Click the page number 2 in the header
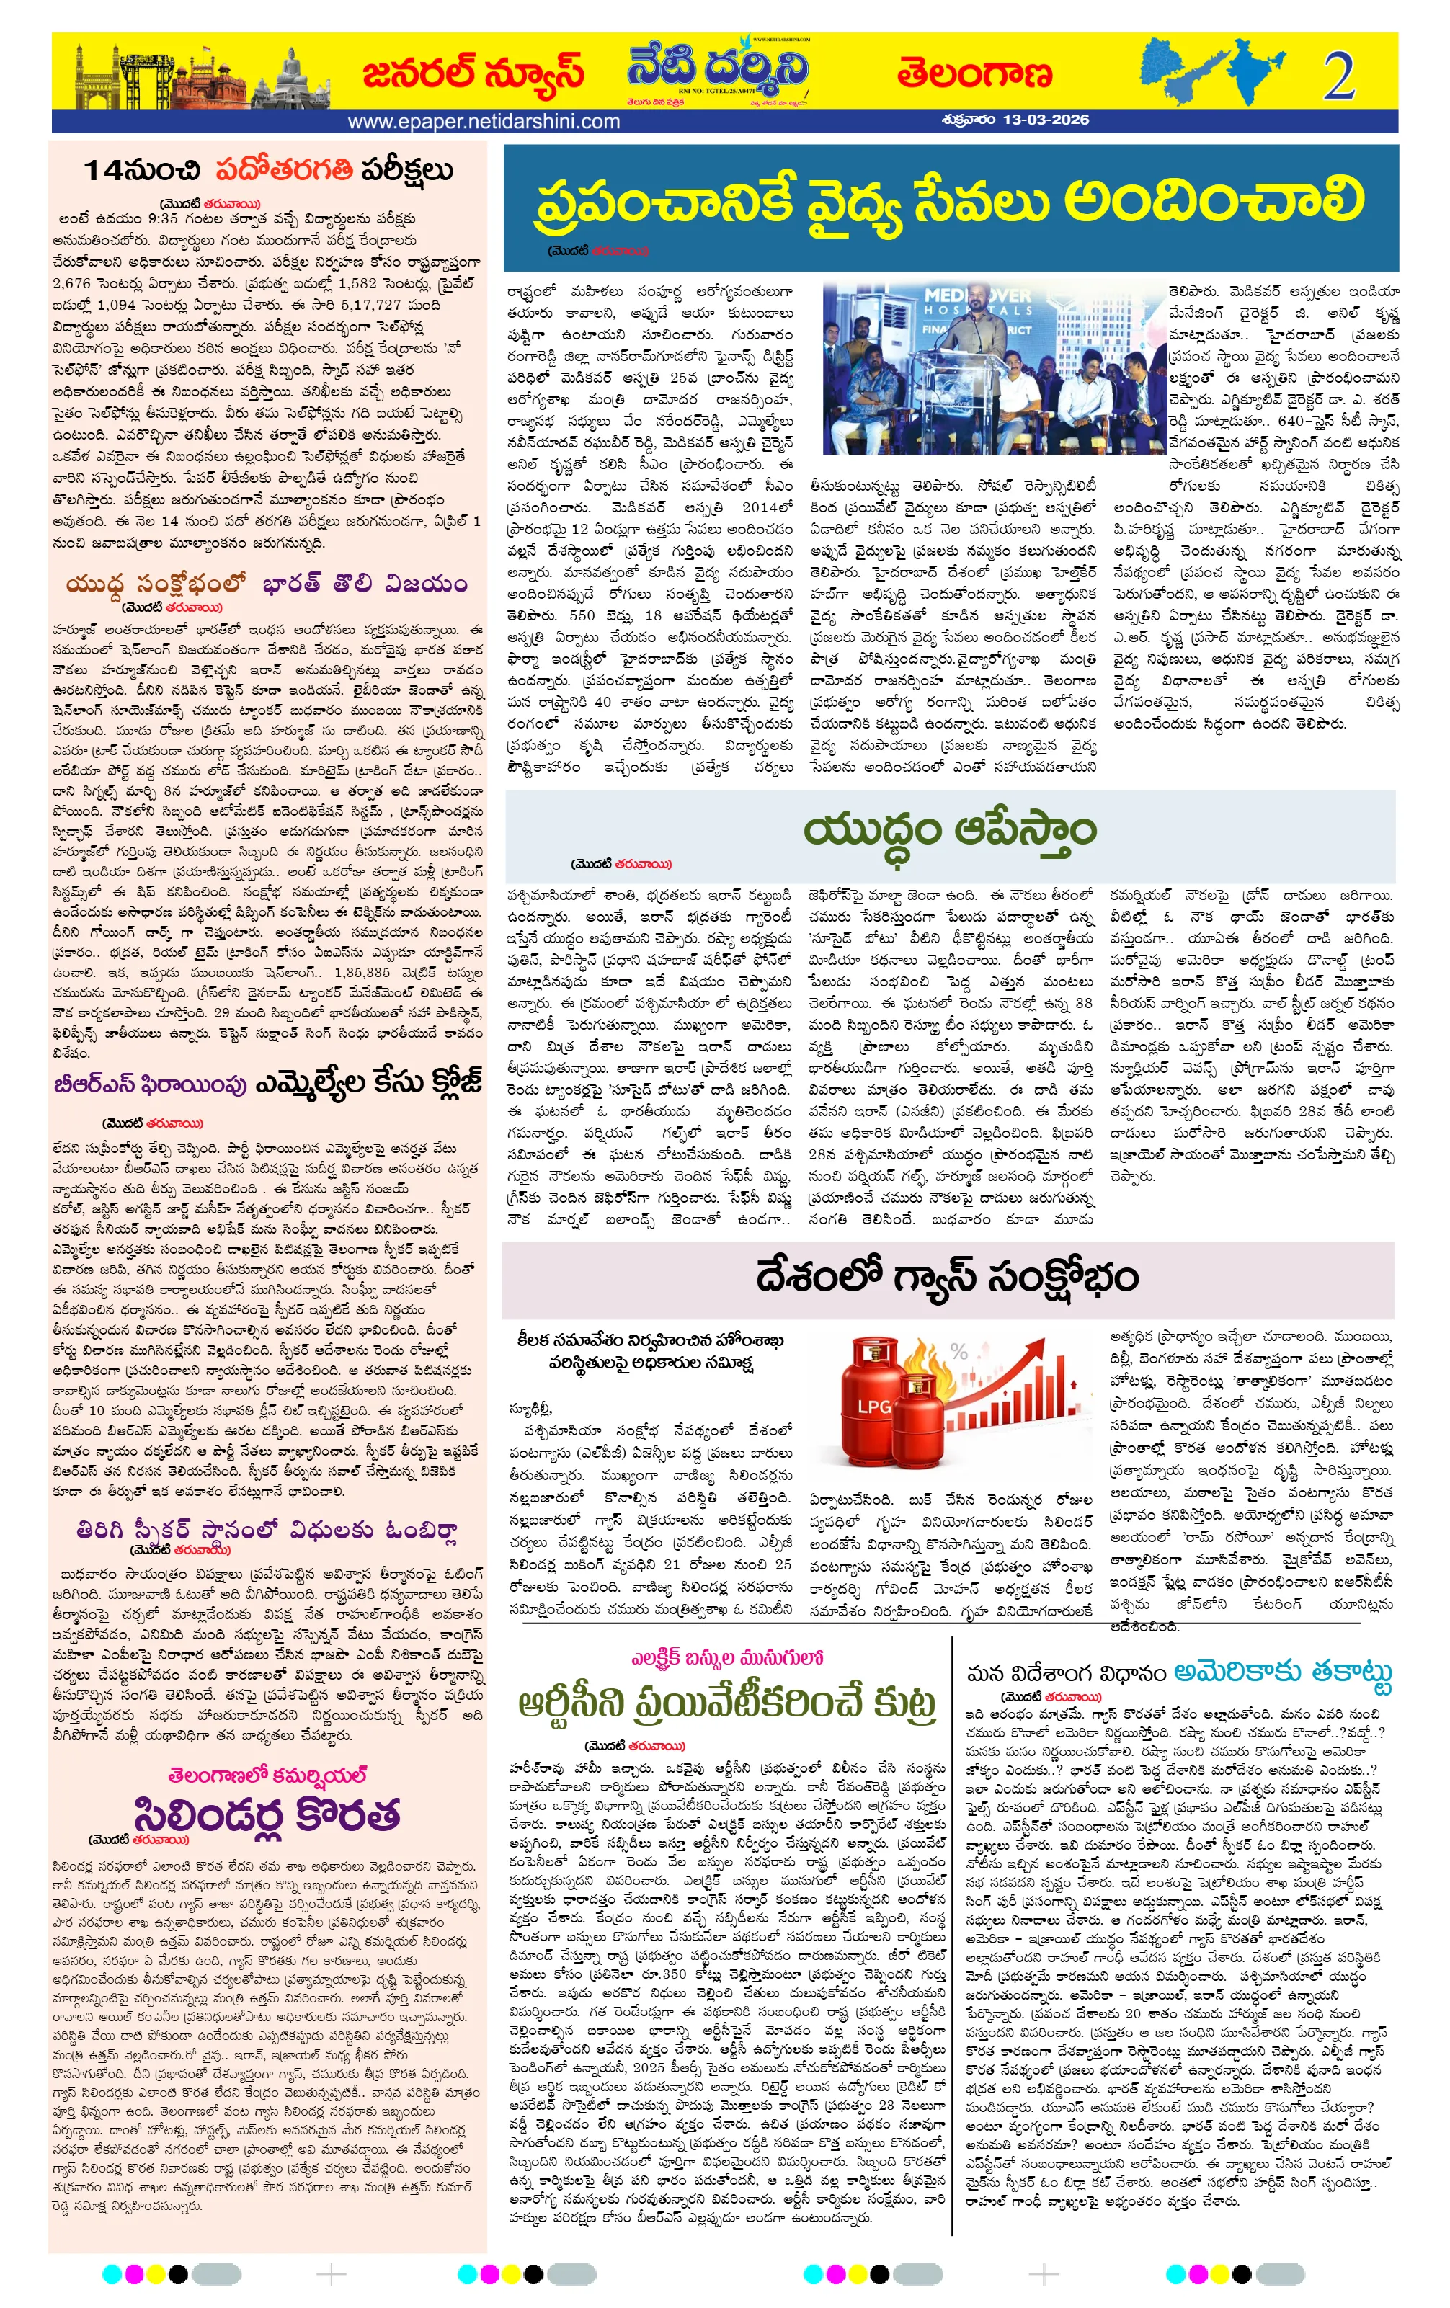[1339, 76]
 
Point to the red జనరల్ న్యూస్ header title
[473, 73]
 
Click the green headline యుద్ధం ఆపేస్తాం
[949, 830]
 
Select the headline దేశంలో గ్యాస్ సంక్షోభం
[947, 1277]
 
